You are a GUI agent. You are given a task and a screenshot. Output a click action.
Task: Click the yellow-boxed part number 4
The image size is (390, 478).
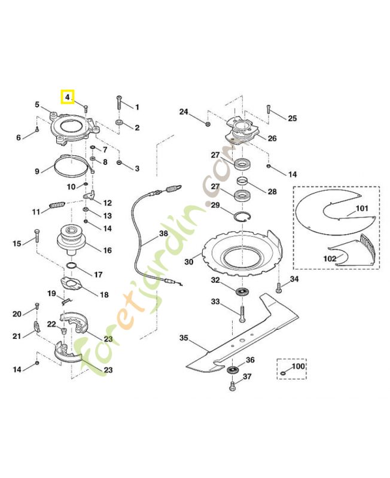(67, 96)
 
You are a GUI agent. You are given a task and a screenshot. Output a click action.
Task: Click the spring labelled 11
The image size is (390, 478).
(57, 206)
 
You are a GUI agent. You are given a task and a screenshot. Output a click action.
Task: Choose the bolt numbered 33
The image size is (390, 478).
(242, 313)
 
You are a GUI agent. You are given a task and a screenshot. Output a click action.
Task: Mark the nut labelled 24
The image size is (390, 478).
(207, 124)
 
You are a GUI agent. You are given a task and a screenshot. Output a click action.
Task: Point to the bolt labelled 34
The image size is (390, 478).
(278, 288)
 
